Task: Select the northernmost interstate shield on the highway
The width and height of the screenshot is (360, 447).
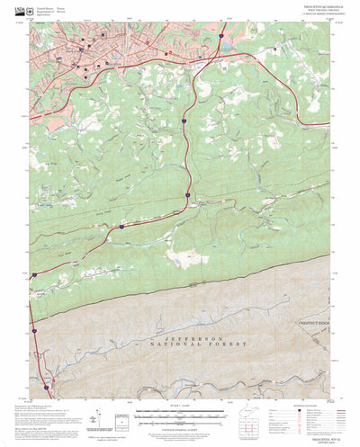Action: pyautogui.click(x=220, y=35)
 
